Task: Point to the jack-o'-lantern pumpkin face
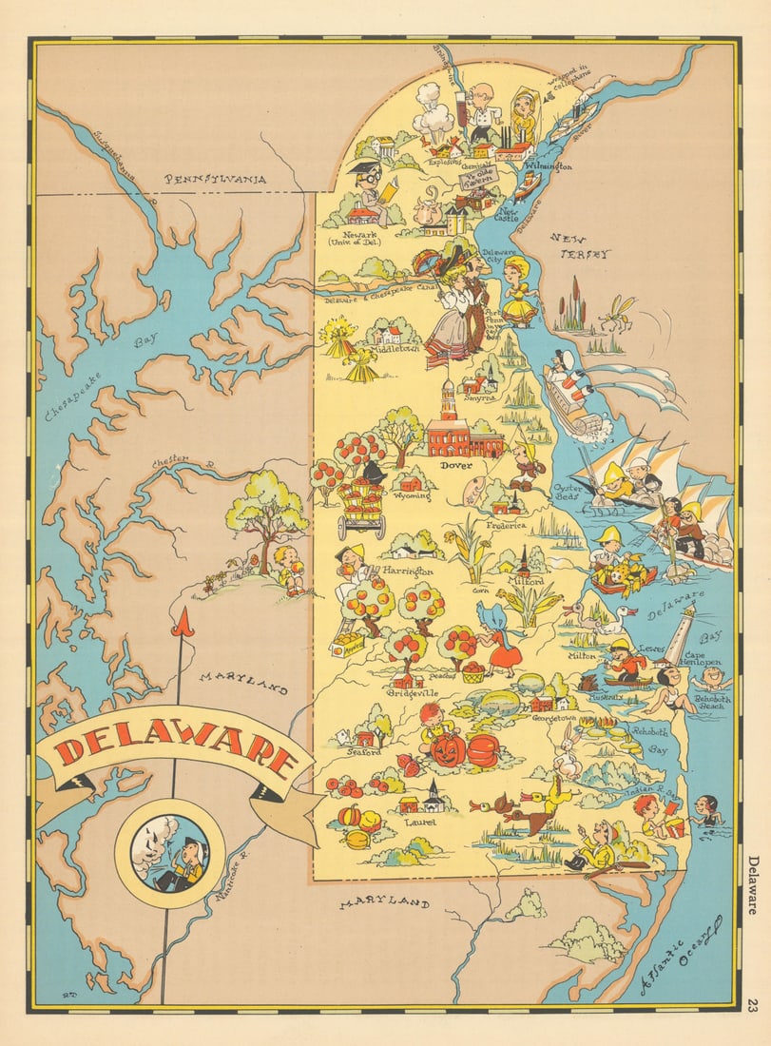click(446, 749)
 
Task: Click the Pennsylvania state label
click(215, 178)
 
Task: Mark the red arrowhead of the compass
click(183, 624)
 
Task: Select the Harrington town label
click(407, 571)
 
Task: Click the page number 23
click(753, 1005)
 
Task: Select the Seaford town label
click(363, 751)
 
